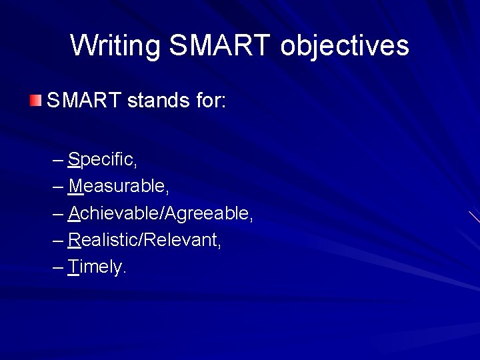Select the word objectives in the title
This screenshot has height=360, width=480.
[345, 46]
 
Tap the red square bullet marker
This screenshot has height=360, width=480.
[35, 101]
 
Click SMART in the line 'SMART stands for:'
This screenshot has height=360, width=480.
[83, 101]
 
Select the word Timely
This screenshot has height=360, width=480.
[96, 267]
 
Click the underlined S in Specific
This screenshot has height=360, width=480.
[73, 160]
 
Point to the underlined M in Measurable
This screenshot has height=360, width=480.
[75, 187]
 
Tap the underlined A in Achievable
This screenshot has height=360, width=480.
[74, 213]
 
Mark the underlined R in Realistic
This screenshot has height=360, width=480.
[74, 240]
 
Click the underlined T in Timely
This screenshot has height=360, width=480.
[73, 267]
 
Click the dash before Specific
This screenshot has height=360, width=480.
[57, 161]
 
